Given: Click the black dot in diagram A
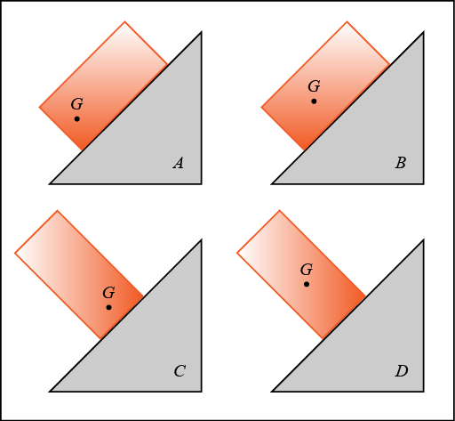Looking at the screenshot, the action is (x=77, y=119).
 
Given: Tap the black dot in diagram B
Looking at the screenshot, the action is (x=314, y=101).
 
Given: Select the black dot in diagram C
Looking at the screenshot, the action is (x=108, y=307).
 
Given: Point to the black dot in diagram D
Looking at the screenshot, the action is (x=307, y=284).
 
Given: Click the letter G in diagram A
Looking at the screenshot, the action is (x=77, y=104).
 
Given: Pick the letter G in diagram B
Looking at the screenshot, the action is (x=314, y=86).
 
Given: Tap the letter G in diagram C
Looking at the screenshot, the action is (x=108, y=293).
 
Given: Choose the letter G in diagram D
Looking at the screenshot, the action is (x=307, y=270).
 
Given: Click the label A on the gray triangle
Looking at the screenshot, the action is (x=179, y=163).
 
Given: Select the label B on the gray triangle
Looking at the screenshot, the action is (x=401, y=163).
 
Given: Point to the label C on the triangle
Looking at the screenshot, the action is (x=180, y=371).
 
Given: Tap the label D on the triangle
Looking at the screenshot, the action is (x=402, y=371).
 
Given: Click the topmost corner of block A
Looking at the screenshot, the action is (x=124, y=21).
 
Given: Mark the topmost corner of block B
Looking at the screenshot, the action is (x=347, y=21).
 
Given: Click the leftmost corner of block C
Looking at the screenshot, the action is (x=15, y=253).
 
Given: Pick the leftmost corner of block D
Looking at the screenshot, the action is (x=237, y=253).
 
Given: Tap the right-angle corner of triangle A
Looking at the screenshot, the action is (x=202, y=184).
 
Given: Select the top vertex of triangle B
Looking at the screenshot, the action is (x=424, y=32).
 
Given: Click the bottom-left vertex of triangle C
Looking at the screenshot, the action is (x=50, y=392).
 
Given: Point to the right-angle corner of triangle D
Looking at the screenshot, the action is (x=424, y=392).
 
